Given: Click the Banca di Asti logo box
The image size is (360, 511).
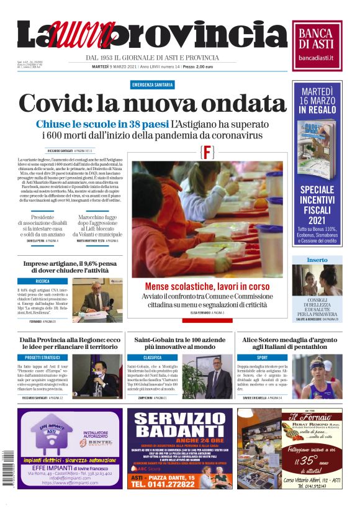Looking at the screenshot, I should (317, 42).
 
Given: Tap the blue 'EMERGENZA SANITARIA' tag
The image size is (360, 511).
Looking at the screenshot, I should (153, 84).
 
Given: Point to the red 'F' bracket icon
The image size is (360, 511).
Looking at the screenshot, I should (207, 152).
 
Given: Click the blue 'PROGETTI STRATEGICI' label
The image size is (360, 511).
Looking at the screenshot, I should (43, 358).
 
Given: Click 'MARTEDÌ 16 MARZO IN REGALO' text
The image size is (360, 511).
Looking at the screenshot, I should (317, 100).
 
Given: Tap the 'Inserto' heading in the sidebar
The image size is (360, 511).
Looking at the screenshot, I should (317, 260).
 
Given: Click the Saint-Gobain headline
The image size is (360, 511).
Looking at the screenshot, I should (179, 344).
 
